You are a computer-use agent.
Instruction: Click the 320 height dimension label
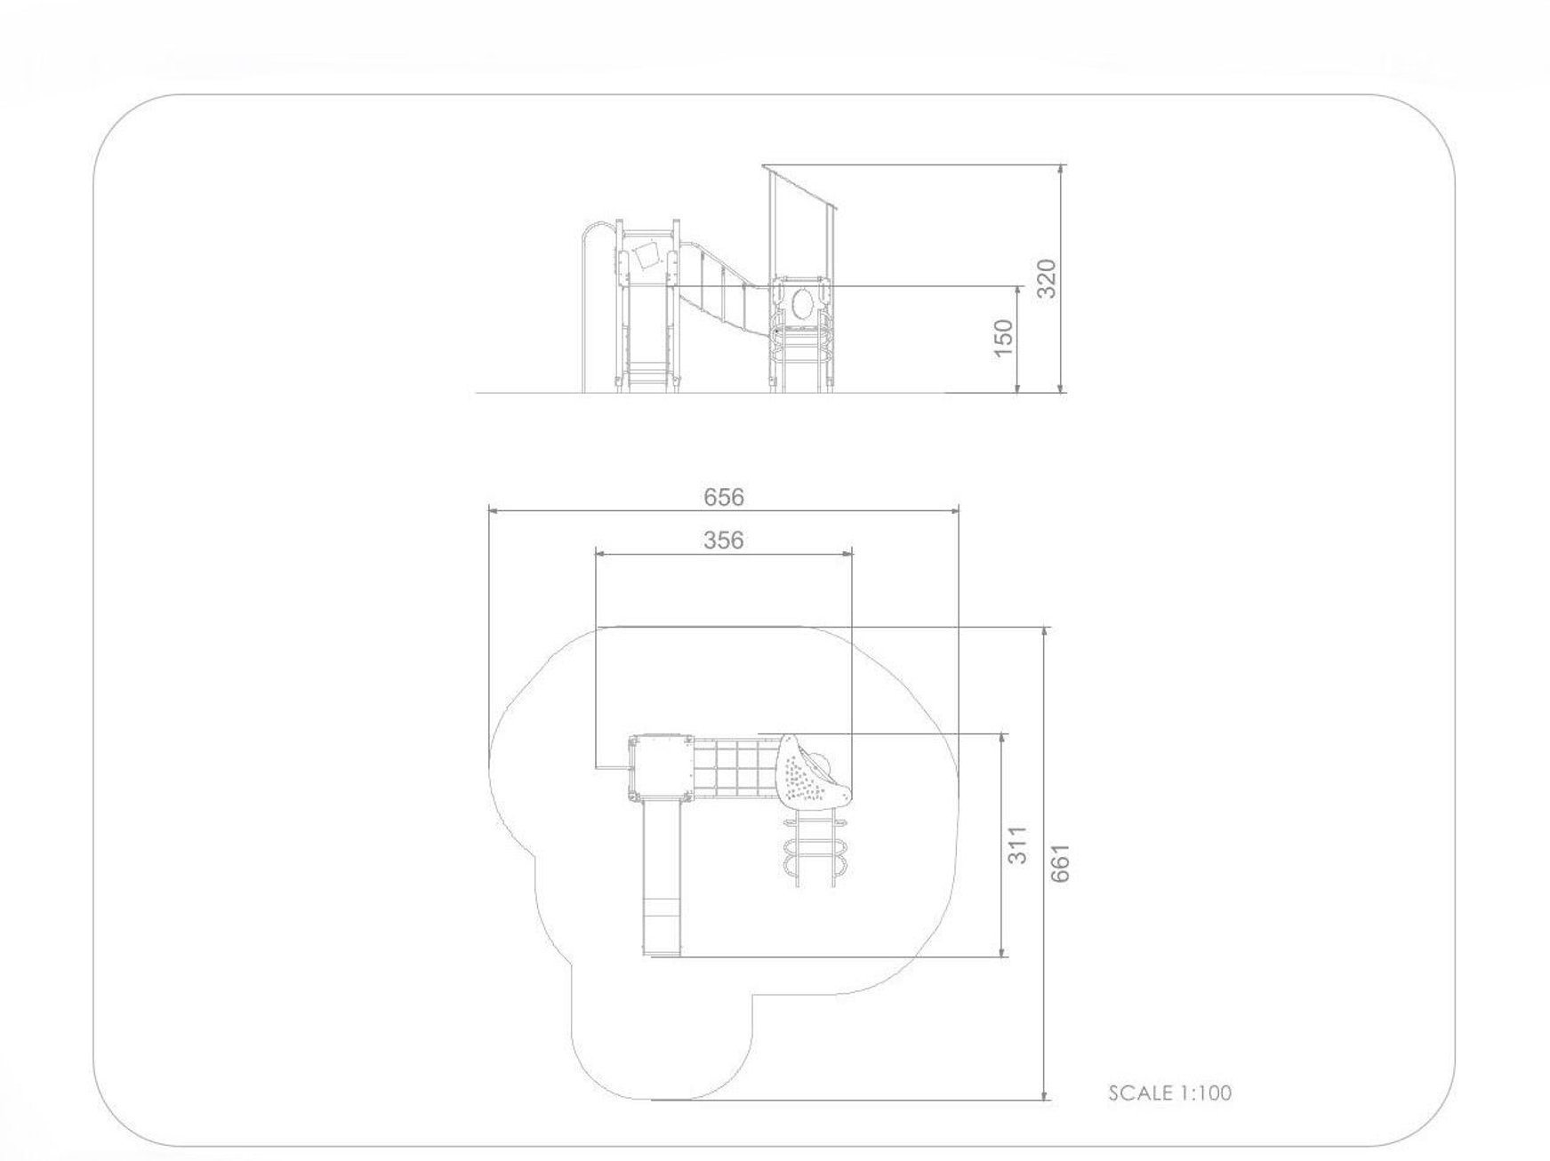click(x=1048, y=278)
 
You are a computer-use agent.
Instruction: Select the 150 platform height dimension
click(x=1003, y=338)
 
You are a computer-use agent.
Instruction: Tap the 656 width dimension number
click(x=724, y=497)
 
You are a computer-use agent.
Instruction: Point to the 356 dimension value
click(x=724, y=540)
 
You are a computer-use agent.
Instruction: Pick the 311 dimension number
click(x=1018, y=845)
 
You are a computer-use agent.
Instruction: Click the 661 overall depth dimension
click(x=1060, y=862)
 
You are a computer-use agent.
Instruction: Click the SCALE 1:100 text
click(x=1170, y=1093)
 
